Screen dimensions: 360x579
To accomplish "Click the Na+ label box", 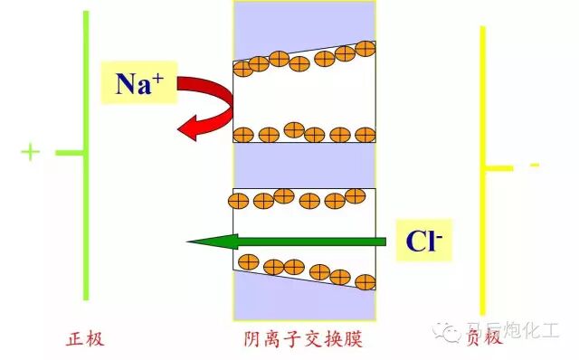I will [x=138, y=82].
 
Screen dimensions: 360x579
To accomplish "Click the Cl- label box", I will [x=423, y=241].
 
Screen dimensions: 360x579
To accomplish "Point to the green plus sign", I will [x=30, y=152].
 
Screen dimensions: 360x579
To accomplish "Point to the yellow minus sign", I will [x=535, y=166].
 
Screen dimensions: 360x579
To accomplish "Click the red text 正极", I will [x=86, y=339].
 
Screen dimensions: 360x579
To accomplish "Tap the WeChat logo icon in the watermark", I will [x=451, y=333].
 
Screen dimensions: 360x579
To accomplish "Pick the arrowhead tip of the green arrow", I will [x=188, y=242].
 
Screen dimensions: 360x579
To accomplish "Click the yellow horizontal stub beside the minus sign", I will [x=499, y=167].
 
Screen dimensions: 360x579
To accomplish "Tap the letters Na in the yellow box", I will [x=132, y=84].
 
